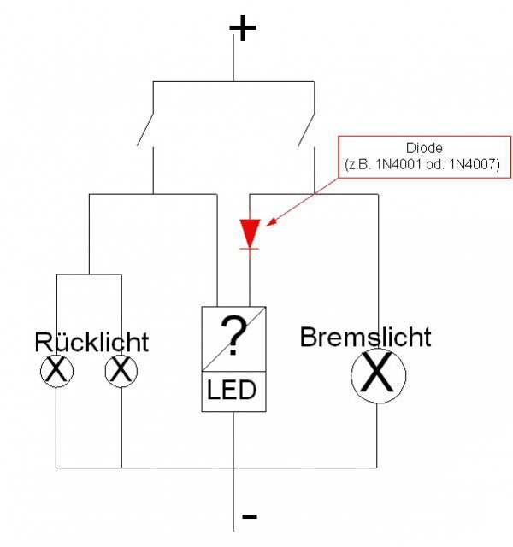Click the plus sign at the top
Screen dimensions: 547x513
pos(243,29)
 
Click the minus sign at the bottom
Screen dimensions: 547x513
pos(250,516)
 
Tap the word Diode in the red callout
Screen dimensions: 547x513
pos(424,148)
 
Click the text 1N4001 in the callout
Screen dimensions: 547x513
pos(396,162)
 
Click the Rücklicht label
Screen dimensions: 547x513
pos(91,343)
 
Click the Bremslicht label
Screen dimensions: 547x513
pos(365,337)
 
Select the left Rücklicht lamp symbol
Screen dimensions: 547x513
pos(56,372)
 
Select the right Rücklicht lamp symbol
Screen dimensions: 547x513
pos(121,372)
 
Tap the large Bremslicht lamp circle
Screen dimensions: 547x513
pos(377,376)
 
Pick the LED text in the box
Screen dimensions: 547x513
pos(232,391)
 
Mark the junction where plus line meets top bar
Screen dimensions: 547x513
pos(233,82)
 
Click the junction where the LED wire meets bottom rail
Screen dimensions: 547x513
pos(233,468)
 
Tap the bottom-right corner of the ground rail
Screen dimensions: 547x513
pos(377,468)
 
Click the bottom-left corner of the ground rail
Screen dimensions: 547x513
pos(56,468)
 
